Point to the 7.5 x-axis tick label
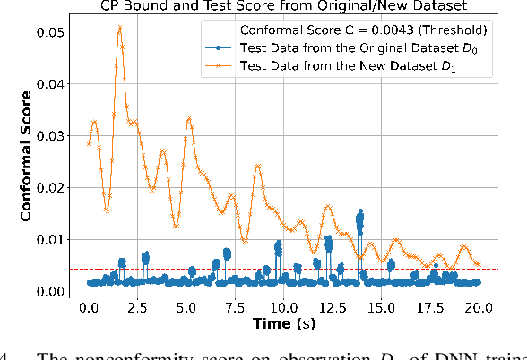[x=235, y=308]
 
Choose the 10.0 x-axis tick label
[x=283, y=308]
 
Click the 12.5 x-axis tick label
[x=333, y=308]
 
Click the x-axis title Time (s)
[x=283, y=324]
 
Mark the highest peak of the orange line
[x=119, y=28]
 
